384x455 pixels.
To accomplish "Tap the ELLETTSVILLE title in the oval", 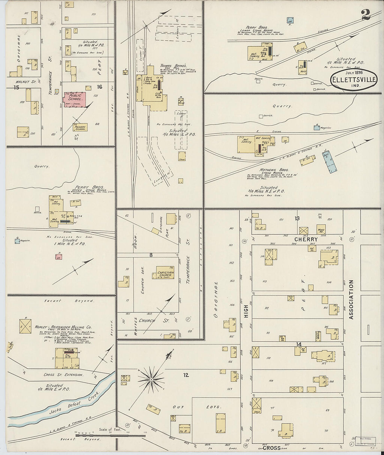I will pyautogui.click(x=353, y=80).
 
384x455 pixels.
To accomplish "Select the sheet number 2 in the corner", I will pyautogui.click(x=365, y=15).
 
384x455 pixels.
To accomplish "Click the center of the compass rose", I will pyautogui.click(x=151, y=379).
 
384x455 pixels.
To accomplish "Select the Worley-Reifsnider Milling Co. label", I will pyautogui.click(x=63, y=327).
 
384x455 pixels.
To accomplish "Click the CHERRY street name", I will pyautogui.click(x=305, y=240).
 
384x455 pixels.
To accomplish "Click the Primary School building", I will pyautogui.click(x=80, y=127).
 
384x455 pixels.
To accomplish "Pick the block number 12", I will pyautogui.click(x=185, y=375).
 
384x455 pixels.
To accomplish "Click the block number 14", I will pyautogui.click(x=298, y=344).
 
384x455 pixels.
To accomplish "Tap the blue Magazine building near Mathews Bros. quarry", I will pyautogui.click(x=316, y=128).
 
